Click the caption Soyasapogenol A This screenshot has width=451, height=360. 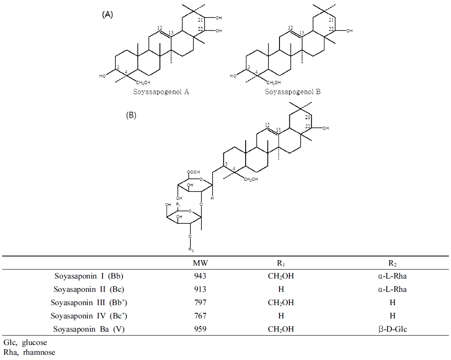tap(161, 92)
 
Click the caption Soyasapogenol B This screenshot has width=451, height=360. tap(293, 92)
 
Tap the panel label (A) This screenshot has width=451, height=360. tap(108, 15)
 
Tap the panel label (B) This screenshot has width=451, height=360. tap(131, 115)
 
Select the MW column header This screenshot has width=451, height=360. tap(200, 263)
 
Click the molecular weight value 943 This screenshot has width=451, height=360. tap(200, 276)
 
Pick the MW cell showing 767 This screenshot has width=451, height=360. tap(200, 316)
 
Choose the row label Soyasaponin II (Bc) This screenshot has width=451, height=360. tap(89, 289)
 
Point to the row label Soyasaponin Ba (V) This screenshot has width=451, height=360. tap(89, 329)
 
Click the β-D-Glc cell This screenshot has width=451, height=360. tap(393, 329)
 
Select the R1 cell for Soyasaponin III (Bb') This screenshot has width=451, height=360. tap(281, 303)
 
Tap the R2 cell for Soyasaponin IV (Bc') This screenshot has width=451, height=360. tap(393, 316)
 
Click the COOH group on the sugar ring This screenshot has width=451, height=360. tap(194, 172)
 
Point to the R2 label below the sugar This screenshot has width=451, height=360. tap(191, 249)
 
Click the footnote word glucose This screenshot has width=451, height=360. tap(34, 343)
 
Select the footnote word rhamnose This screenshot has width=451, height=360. tap(39, 352)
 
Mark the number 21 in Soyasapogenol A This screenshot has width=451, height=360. tap(201, 20)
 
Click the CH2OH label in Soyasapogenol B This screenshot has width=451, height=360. tap(274, 83)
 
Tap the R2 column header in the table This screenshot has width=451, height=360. tap(393, 263)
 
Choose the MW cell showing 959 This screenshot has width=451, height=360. tap(200, 329)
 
